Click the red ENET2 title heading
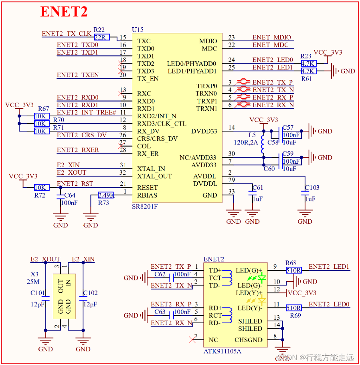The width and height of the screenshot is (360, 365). click(x=64, y=12)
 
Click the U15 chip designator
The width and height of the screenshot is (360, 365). click(x=138, y=30)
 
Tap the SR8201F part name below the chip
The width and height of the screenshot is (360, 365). click(x=145, y=207)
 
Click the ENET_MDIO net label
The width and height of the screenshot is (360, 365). click(x=271, y=37)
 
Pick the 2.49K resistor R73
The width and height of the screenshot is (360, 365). click(x=106, y=195)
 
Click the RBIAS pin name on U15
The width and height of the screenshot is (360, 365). click(x=147, y=195)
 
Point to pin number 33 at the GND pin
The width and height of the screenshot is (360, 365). click(x=231, y=192)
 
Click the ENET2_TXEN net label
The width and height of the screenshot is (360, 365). click(x=78, y=75)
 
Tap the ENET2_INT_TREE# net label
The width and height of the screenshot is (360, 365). click(x=86, y=113)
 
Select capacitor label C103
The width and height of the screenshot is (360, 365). click(x=312, y=188)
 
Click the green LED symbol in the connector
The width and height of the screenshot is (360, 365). click(x=262, y=278)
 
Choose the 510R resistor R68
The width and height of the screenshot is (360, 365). click(x=293, y=270)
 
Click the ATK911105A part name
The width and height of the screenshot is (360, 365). click(x=222, y=352)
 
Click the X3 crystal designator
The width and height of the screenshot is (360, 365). click(x=34, y=274)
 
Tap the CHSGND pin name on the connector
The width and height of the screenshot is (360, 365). click(x=249, y=340)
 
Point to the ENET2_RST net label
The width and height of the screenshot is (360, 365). click(x=75, y=184)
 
